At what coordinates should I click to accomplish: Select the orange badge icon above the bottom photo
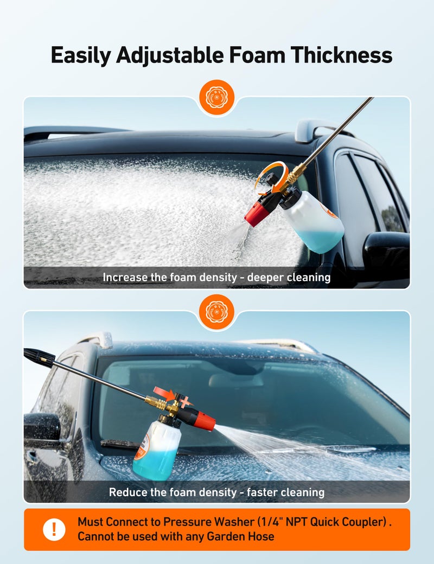(216, 312)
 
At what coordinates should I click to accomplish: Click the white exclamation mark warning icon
(54, 529)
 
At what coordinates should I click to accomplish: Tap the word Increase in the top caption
(125, 277)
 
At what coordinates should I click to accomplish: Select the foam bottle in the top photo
(315, 222)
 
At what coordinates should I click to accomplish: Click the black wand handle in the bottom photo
(39, 358)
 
